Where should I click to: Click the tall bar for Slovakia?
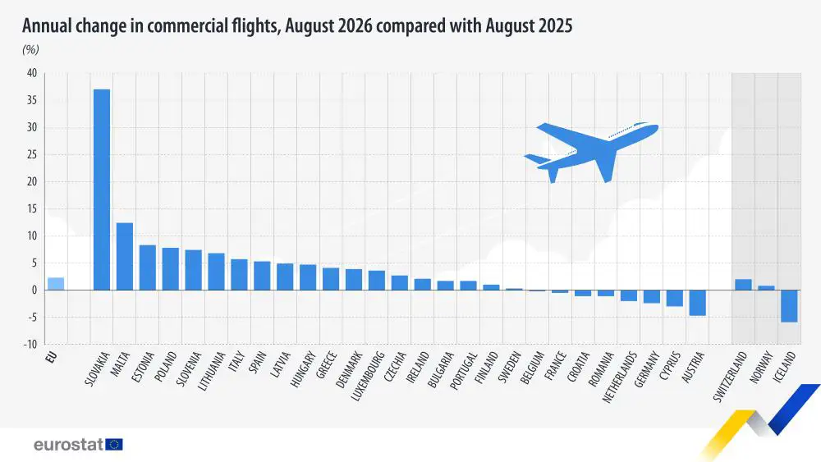point(102,190)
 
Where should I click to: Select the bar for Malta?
point(125,256)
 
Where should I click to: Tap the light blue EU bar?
point(56,284)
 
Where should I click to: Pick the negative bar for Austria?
point(697,303)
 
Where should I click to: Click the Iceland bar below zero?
point(789,306)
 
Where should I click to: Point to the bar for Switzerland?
point(743,285)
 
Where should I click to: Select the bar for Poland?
point(170,269)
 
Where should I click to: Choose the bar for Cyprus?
point(674,298)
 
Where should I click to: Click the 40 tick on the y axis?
point(32,73)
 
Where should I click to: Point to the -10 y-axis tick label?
point(30,345)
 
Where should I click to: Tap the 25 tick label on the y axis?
point(32,154)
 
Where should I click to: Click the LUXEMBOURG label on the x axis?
point(368,376)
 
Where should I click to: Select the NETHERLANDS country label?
point(620,377)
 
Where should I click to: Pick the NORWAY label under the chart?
point(761,368)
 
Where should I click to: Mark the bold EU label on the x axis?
point(51,357)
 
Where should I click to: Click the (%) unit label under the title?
point(30,50)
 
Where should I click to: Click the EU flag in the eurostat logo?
point(114,445)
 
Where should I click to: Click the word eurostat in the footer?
point(69,445)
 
